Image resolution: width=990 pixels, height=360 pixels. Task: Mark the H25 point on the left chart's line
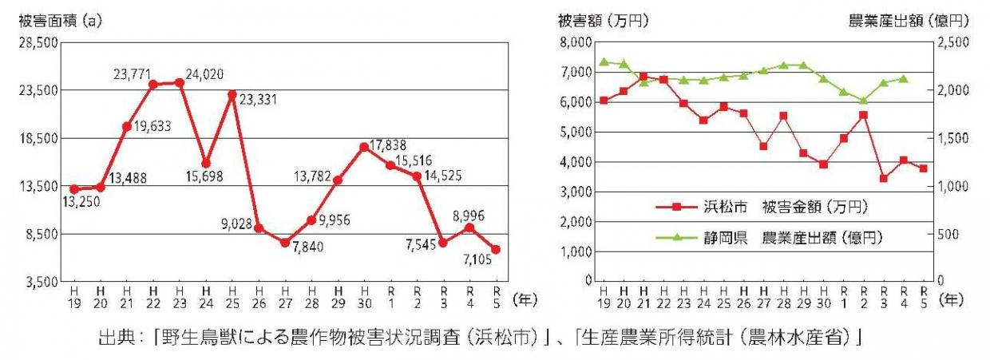pyautogui.click(x=232, y=95)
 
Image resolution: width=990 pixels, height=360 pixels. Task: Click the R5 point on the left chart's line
pyautogui.click(x=497, y=249)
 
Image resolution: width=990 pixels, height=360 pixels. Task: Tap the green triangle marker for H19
pyautogui.click(x=604, y=61)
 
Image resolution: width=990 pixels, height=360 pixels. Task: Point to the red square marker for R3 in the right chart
pyautogui.click(x=884, y=179)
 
